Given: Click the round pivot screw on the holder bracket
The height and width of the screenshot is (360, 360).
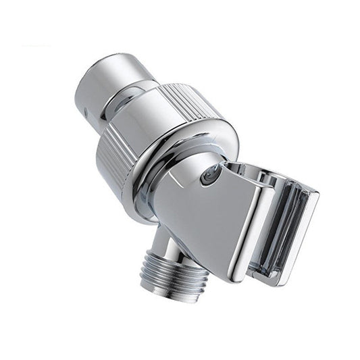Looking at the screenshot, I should (210, 175).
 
